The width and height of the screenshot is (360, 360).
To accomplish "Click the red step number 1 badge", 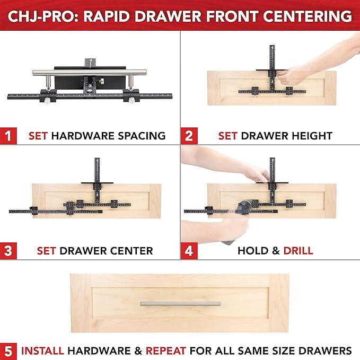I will click(8, 135).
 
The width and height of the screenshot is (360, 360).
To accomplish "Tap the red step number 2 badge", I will click(189, 135).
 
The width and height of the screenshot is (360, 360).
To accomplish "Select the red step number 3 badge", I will click(8, 250).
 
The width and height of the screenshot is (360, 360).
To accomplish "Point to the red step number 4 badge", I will click(189, 250).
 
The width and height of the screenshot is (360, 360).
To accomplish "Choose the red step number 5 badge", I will click(8, 350).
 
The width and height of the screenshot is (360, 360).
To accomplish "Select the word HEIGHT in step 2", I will click(313, 136).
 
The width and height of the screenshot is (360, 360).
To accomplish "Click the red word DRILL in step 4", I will click(297, 250).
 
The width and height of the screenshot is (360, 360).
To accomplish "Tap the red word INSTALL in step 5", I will click(42, 350).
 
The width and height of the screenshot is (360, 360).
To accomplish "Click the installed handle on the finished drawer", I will click(180, 303).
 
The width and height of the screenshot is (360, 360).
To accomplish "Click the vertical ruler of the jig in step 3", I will click(97, 170).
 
